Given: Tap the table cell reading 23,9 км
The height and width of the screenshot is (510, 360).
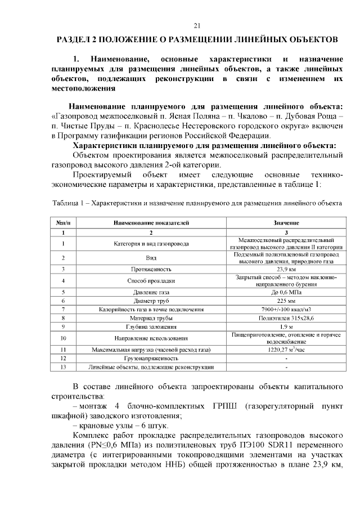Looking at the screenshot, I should (x=286, y=269).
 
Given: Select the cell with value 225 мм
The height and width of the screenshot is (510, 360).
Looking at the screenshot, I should (x=286, y=301).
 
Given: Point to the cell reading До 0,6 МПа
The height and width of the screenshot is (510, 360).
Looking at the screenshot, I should (x=286, y=293).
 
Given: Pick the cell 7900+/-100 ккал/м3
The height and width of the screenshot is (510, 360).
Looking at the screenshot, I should (x=286, y=310).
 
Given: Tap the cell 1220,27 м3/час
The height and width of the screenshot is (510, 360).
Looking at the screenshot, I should (x=286, y=350).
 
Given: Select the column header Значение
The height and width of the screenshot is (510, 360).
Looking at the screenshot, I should (x=286, y=223).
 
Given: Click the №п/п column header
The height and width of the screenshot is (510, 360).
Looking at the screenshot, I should (x=64, y=223).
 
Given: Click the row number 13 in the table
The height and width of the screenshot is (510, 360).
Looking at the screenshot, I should (x=64, y=367).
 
